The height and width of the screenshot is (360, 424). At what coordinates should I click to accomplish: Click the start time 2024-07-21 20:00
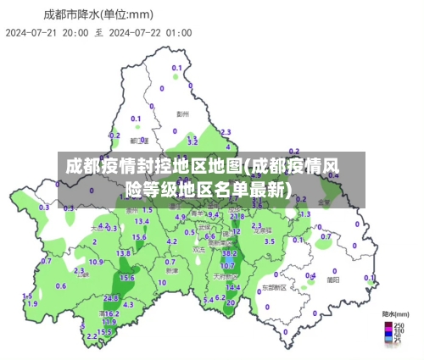(47, 32)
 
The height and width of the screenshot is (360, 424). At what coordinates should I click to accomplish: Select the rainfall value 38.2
(228, 252)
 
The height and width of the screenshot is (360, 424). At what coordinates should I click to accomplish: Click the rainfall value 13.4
(141, 221)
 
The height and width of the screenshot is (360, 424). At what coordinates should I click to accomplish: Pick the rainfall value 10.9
(96, 262)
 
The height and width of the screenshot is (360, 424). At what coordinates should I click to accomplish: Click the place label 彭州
(182, 112)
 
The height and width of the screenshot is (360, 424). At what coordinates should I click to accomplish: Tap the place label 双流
(198, 250)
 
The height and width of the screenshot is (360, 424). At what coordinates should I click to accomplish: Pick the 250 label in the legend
(399, 324)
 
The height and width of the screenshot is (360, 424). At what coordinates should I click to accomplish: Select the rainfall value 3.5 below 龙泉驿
(269, 241)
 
